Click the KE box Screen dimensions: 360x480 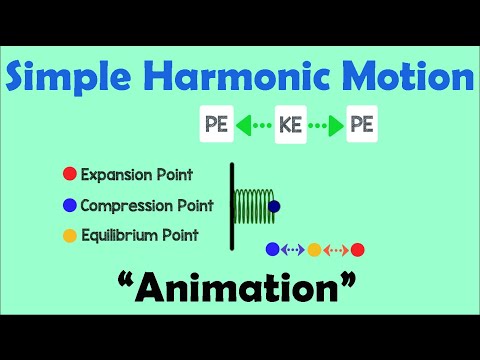click(289, 127)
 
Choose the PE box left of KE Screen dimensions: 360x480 click(215, 127)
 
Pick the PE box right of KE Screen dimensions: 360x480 click(362, 127)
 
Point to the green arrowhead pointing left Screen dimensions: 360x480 click(242, 127)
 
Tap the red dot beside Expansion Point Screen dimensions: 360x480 click(69, 174)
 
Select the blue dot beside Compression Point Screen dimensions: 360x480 click(69, 206)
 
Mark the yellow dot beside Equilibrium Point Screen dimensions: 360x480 click(69, 236)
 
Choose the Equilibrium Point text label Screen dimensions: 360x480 click(140, 236)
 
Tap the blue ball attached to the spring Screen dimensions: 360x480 click(275, 206)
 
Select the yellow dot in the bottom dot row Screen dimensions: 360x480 click(314, 249)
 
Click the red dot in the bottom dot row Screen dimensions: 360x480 click(358, 249)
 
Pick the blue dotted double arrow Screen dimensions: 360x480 click(292, 249)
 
